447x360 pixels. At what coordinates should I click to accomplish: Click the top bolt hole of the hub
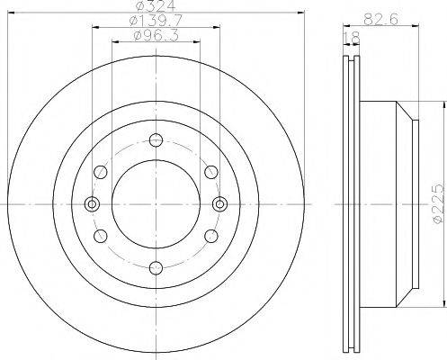point(155,139)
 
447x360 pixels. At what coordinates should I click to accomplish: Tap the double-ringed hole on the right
point(217,202)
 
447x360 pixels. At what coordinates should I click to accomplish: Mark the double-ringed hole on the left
point(92,202)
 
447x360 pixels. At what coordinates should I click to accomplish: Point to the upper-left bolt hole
point(101,171)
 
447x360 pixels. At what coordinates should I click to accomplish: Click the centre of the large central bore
point(155,202)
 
